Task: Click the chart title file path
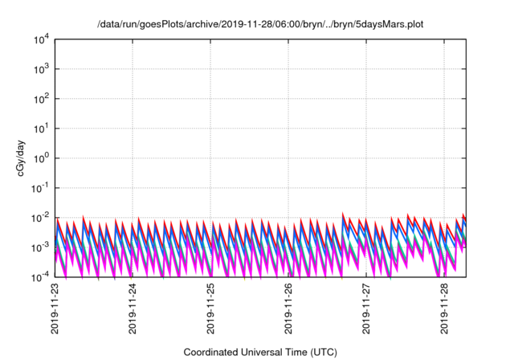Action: (259, 24)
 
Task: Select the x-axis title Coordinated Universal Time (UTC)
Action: (259, 352)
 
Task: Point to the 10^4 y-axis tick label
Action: (43, 39)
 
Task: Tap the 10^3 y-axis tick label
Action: (43, 69)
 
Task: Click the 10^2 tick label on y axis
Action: (43, 99)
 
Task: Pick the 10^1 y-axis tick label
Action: (43, 129)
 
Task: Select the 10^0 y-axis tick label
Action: (43, 158)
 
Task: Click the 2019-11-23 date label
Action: (55, 309)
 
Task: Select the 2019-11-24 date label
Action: (133, 309)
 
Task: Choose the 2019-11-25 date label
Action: (211, 309)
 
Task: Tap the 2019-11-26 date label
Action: (289, 309)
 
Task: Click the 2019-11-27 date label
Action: (367, 309)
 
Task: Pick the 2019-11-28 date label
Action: (445, 309)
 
